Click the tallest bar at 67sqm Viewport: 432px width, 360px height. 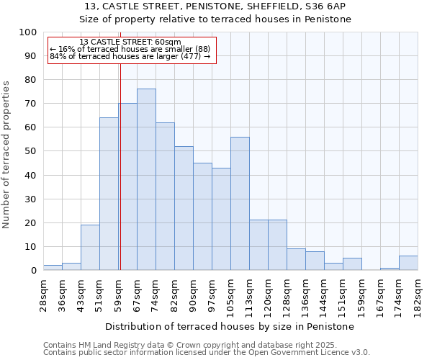click(146, 179)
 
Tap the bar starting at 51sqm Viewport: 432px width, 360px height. click(109, 194)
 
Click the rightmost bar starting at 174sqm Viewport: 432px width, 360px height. click(408, 263)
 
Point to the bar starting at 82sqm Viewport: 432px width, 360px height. click(184, 208)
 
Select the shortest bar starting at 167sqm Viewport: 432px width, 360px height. click(390, 269)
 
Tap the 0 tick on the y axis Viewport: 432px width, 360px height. click(33, 270)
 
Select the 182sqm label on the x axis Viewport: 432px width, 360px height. click(418, 295)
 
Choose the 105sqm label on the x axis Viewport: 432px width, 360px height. click(230, 295)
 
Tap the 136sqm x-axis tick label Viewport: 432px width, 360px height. click(305, 295)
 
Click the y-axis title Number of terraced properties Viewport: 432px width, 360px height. click(6, 154)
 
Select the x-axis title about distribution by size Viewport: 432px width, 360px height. click(234, 326)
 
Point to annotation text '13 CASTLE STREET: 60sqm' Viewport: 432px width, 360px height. click(130, 42)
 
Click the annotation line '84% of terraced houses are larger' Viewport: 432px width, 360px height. click(130, 56)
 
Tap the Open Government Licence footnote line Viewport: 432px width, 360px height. click(207, 352)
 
